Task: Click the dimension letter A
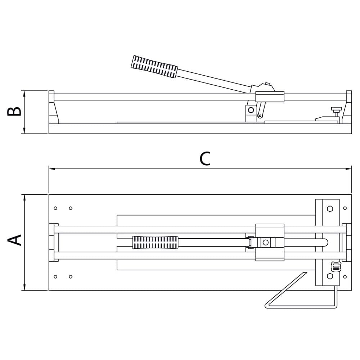tap(14, 240)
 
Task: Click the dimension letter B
tap(14, 111)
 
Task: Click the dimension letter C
tap(205, 158)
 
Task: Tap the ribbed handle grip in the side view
tap(154, 66)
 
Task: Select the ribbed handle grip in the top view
tap(156, 242)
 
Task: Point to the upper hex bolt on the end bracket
tap(330, 209)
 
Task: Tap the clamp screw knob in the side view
tap(336, 112)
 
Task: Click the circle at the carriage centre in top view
tap(266, 242)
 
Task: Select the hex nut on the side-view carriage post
tap(251, 110)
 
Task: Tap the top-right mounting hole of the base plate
tap(345, 208)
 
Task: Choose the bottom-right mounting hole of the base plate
tap(345, 276)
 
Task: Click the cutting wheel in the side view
tap(260, 116)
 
